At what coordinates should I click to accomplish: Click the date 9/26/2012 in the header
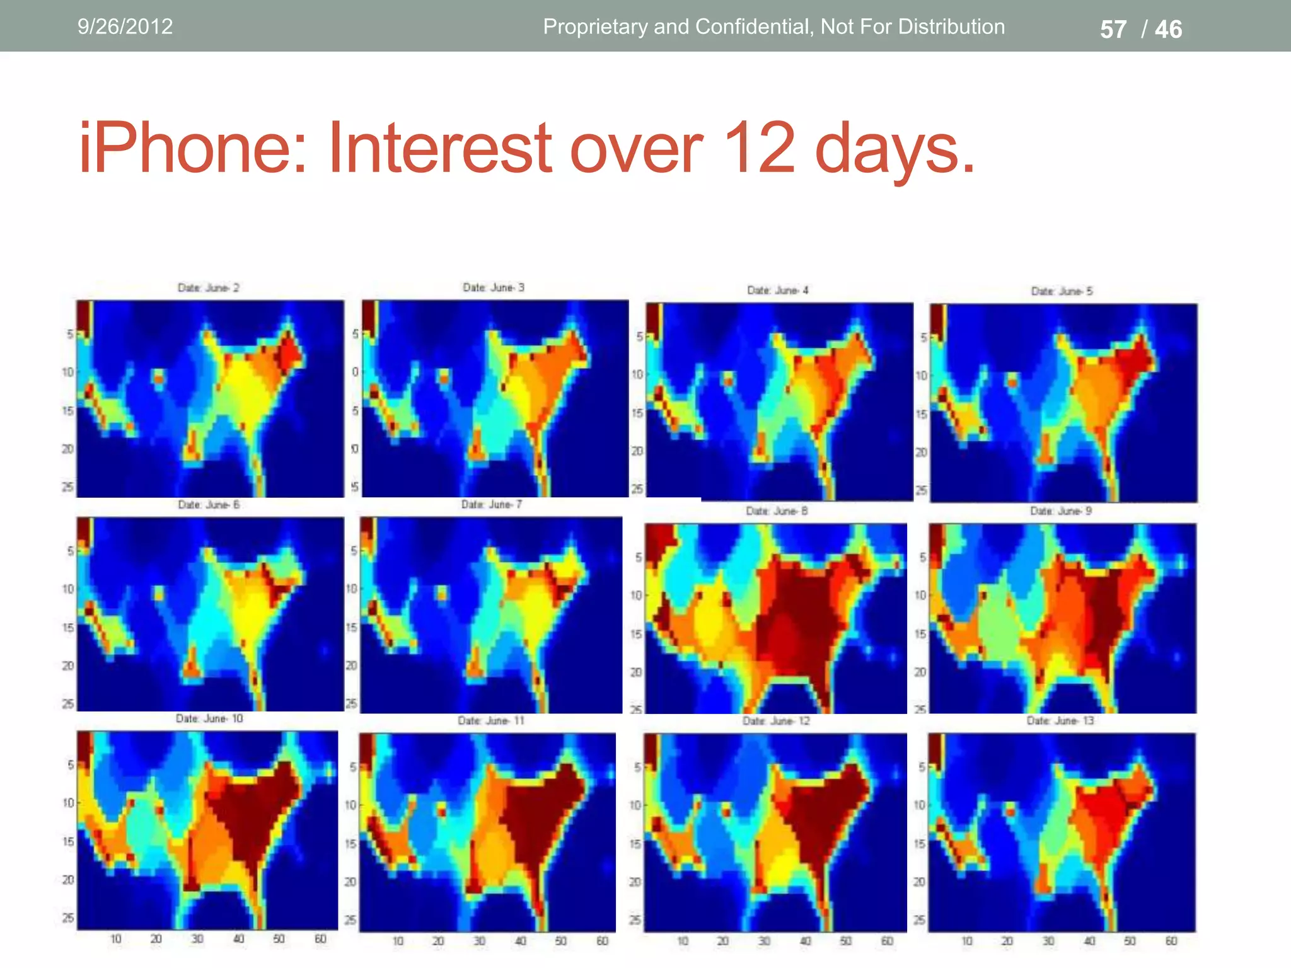(x=125, y=26)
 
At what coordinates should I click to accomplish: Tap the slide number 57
(x=1113, y=30)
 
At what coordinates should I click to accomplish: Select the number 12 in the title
(x=760, y=149)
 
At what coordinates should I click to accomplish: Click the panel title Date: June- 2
(x=209, y=288)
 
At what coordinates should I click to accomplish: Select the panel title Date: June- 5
(x=1062, y=291)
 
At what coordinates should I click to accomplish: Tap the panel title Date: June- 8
(x=777, y=511)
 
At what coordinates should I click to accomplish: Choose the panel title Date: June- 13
(x=1060, y=720)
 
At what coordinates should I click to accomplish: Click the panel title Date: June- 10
(x=209, y=718)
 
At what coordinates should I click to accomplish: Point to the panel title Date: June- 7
(x=492, y=504)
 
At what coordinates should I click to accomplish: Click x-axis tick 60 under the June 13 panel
(x=1171, y=941)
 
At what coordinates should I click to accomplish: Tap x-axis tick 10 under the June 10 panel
(x=116, y=939)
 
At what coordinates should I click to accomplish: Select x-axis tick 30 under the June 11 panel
(x=480, y=941)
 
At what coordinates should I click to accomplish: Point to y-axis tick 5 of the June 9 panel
(x=923, y=558)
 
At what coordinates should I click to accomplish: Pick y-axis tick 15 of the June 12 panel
(x=635, y=844)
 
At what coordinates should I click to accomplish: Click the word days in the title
(x=895, y=149)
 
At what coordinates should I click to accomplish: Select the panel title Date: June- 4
(x=777, y=291)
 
